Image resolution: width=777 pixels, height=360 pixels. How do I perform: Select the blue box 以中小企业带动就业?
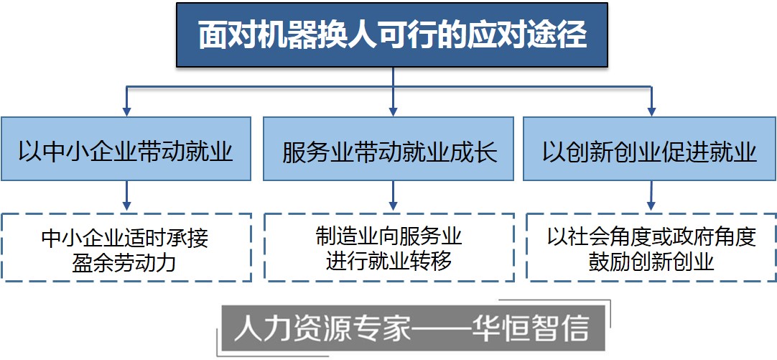(x=126, y=149)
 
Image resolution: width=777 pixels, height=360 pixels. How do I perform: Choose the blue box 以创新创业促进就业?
(x=649, y=149)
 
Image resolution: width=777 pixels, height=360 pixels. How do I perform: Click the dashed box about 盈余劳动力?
(x=126, y=247)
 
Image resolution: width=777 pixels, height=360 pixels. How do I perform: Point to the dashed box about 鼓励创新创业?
(x=651, y=247)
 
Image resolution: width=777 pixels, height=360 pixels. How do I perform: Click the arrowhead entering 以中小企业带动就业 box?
(x=126, y=111)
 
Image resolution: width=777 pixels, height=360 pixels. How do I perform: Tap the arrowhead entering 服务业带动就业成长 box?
(x=393, y=111)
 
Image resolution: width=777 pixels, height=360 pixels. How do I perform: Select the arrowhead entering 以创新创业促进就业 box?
(x=651, y=111)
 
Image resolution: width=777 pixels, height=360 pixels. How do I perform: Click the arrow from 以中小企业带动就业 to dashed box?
(x=126, y=195)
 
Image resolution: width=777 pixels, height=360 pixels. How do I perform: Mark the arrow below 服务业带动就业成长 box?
(x=393, y=195)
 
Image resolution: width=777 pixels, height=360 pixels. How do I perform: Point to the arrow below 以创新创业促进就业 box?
(x=651, y=195)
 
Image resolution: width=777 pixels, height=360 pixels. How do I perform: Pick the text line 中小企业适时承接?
(x=126, y=236)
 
